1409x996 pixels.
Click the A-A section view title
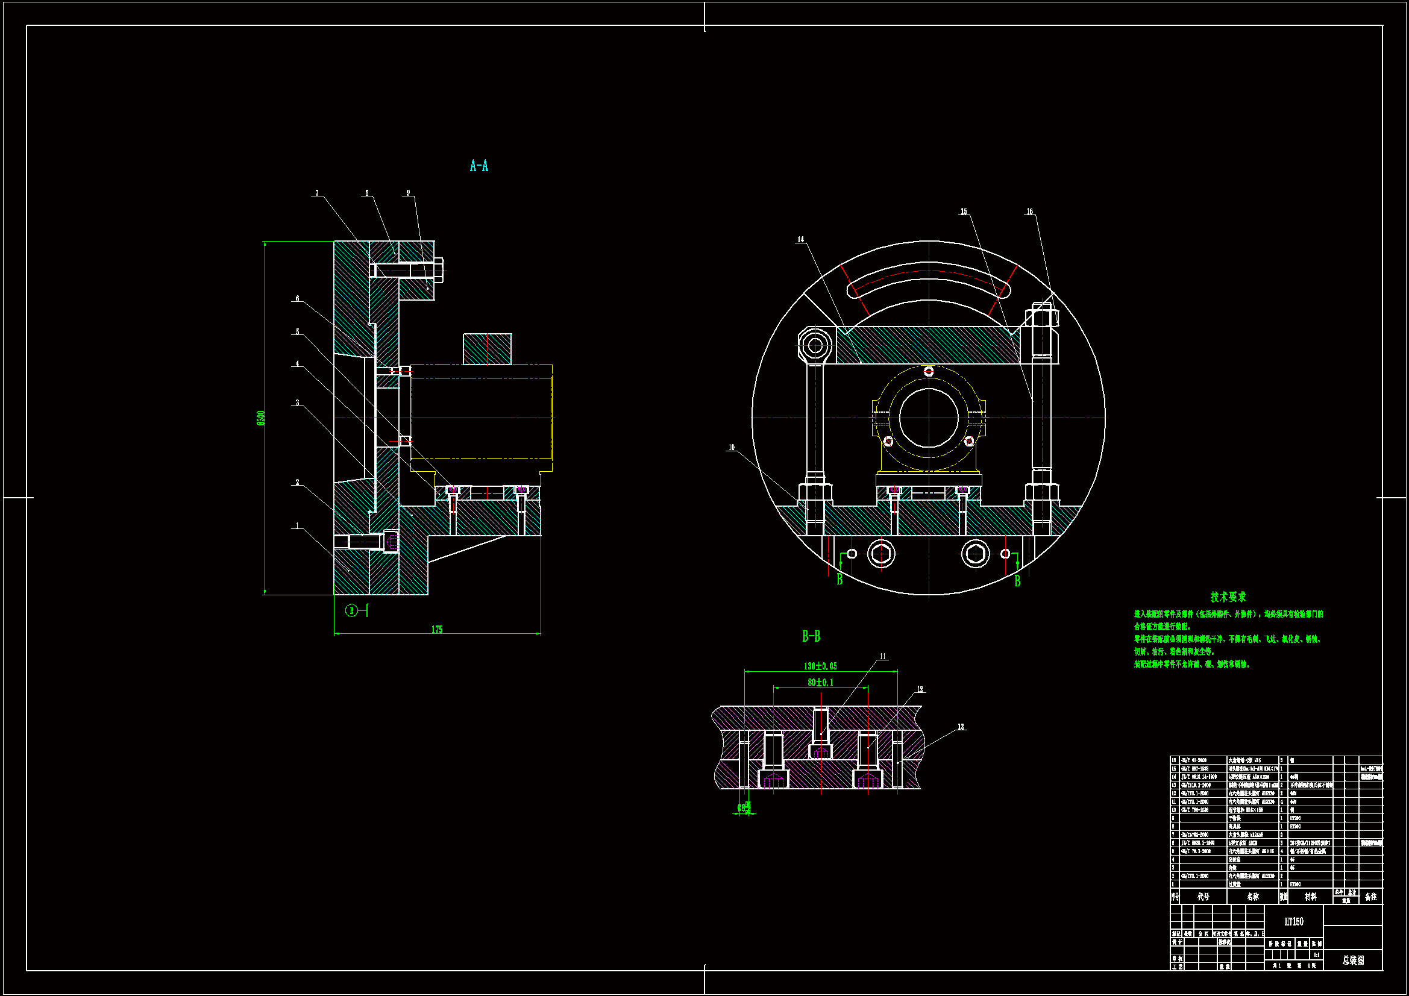pyautogui.click(x=479, y=166)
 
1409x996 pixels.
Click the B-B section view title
pyautogui.click(x=811, y=636)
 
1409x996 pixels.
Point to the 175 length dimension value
pyautogui.click(x=436, y=630)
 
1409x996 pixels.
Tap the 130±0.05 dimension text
pyautogui.click(x=820, y=666)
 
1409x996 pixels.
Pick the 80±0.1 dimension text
pyautogui.click(x=820, y=683)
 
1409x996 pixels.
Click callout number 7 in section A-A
pyautogui.click(x=316, y=193)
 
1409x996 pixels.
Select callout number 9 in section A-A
pyautogui.click(x=408, y=193)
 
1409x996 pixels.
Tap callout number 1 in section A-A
pyautogui.click(x=298, y=525)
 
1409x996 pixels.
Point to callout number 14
pyautogui.click(x=800, y=239)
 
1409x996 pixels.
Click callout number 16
pyautogui.click(x=1029, y=211)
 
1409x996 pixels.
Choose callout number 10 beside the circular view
pyautogui.click(x=731, y=447)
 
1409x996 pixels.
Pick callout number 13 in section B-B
pyautogui.click(x=961, y=727)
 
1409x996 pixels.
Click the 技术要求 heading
pyautogui.click(x=1228, y=597)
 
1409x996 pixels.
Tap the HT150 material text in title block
pyautogui.click(x=1294, y=922)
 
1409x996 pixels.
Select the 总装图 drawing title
pyautogui.click(x=1352, y=960)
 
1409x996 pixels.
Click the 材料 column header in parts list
pyautogui.click(x=1310, y=897)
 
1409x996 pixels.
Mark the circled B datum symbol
pyautogui.click(x=351, y=610)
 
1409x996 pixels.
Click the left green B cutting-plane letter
pyautogui.click(x=839, y=579)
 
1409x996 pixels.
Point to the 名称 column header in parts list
pyautogui.click(x=1252, y=897)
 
